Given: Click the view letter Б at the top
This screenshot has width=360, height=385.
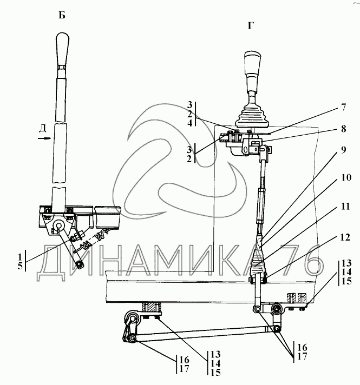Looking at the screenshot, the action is [62, 15].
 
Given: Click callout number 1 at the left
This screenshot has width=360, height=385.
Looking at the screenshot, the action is [20, 255].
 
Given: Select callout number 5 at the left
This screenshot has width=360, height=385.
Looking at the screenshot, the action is [20, 265].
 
